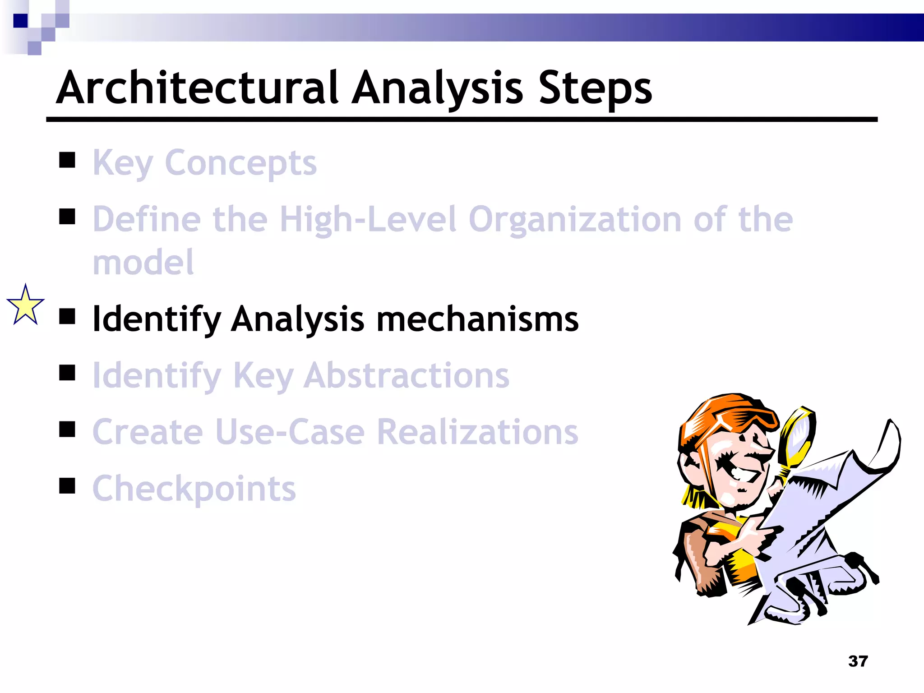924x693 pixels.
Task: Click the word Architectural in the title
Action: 198,88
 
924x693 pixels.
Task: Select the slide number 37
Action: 858,661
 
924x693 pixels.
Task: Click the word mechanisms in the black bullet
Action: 477,319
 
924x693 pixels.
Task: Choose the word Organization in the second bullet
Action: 575,220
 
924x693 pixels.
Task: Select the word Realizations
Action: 477,432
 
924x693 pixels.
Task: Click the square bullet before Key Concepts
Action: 67,160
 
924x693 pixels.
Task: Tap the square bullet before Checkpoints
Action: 67,486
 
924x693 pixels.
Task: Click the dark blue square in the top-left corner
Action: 20,21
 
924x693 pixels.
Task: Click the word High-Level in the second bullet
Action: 368,220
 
